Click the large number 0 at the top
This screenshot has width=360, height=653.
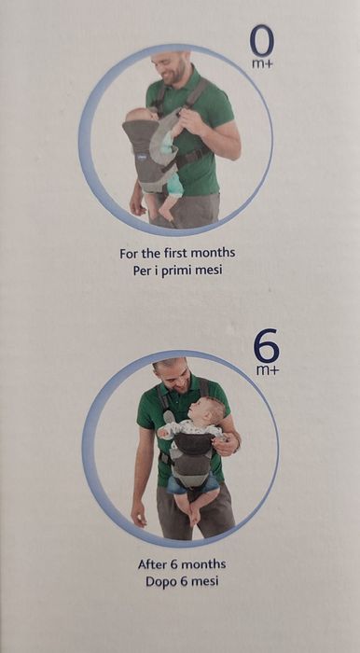262,41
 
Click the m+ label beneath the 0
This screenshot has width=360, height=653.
264,64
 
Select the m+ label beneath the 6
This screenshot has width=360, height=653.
268,370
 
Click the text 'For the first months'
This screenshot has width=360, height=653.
177,253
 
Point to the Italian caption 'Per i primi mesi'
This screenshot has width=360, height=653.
177,270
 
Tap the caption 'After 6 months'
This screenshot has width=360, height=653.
181,564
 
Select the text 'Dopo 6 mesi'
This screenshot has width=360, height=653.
181,581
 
